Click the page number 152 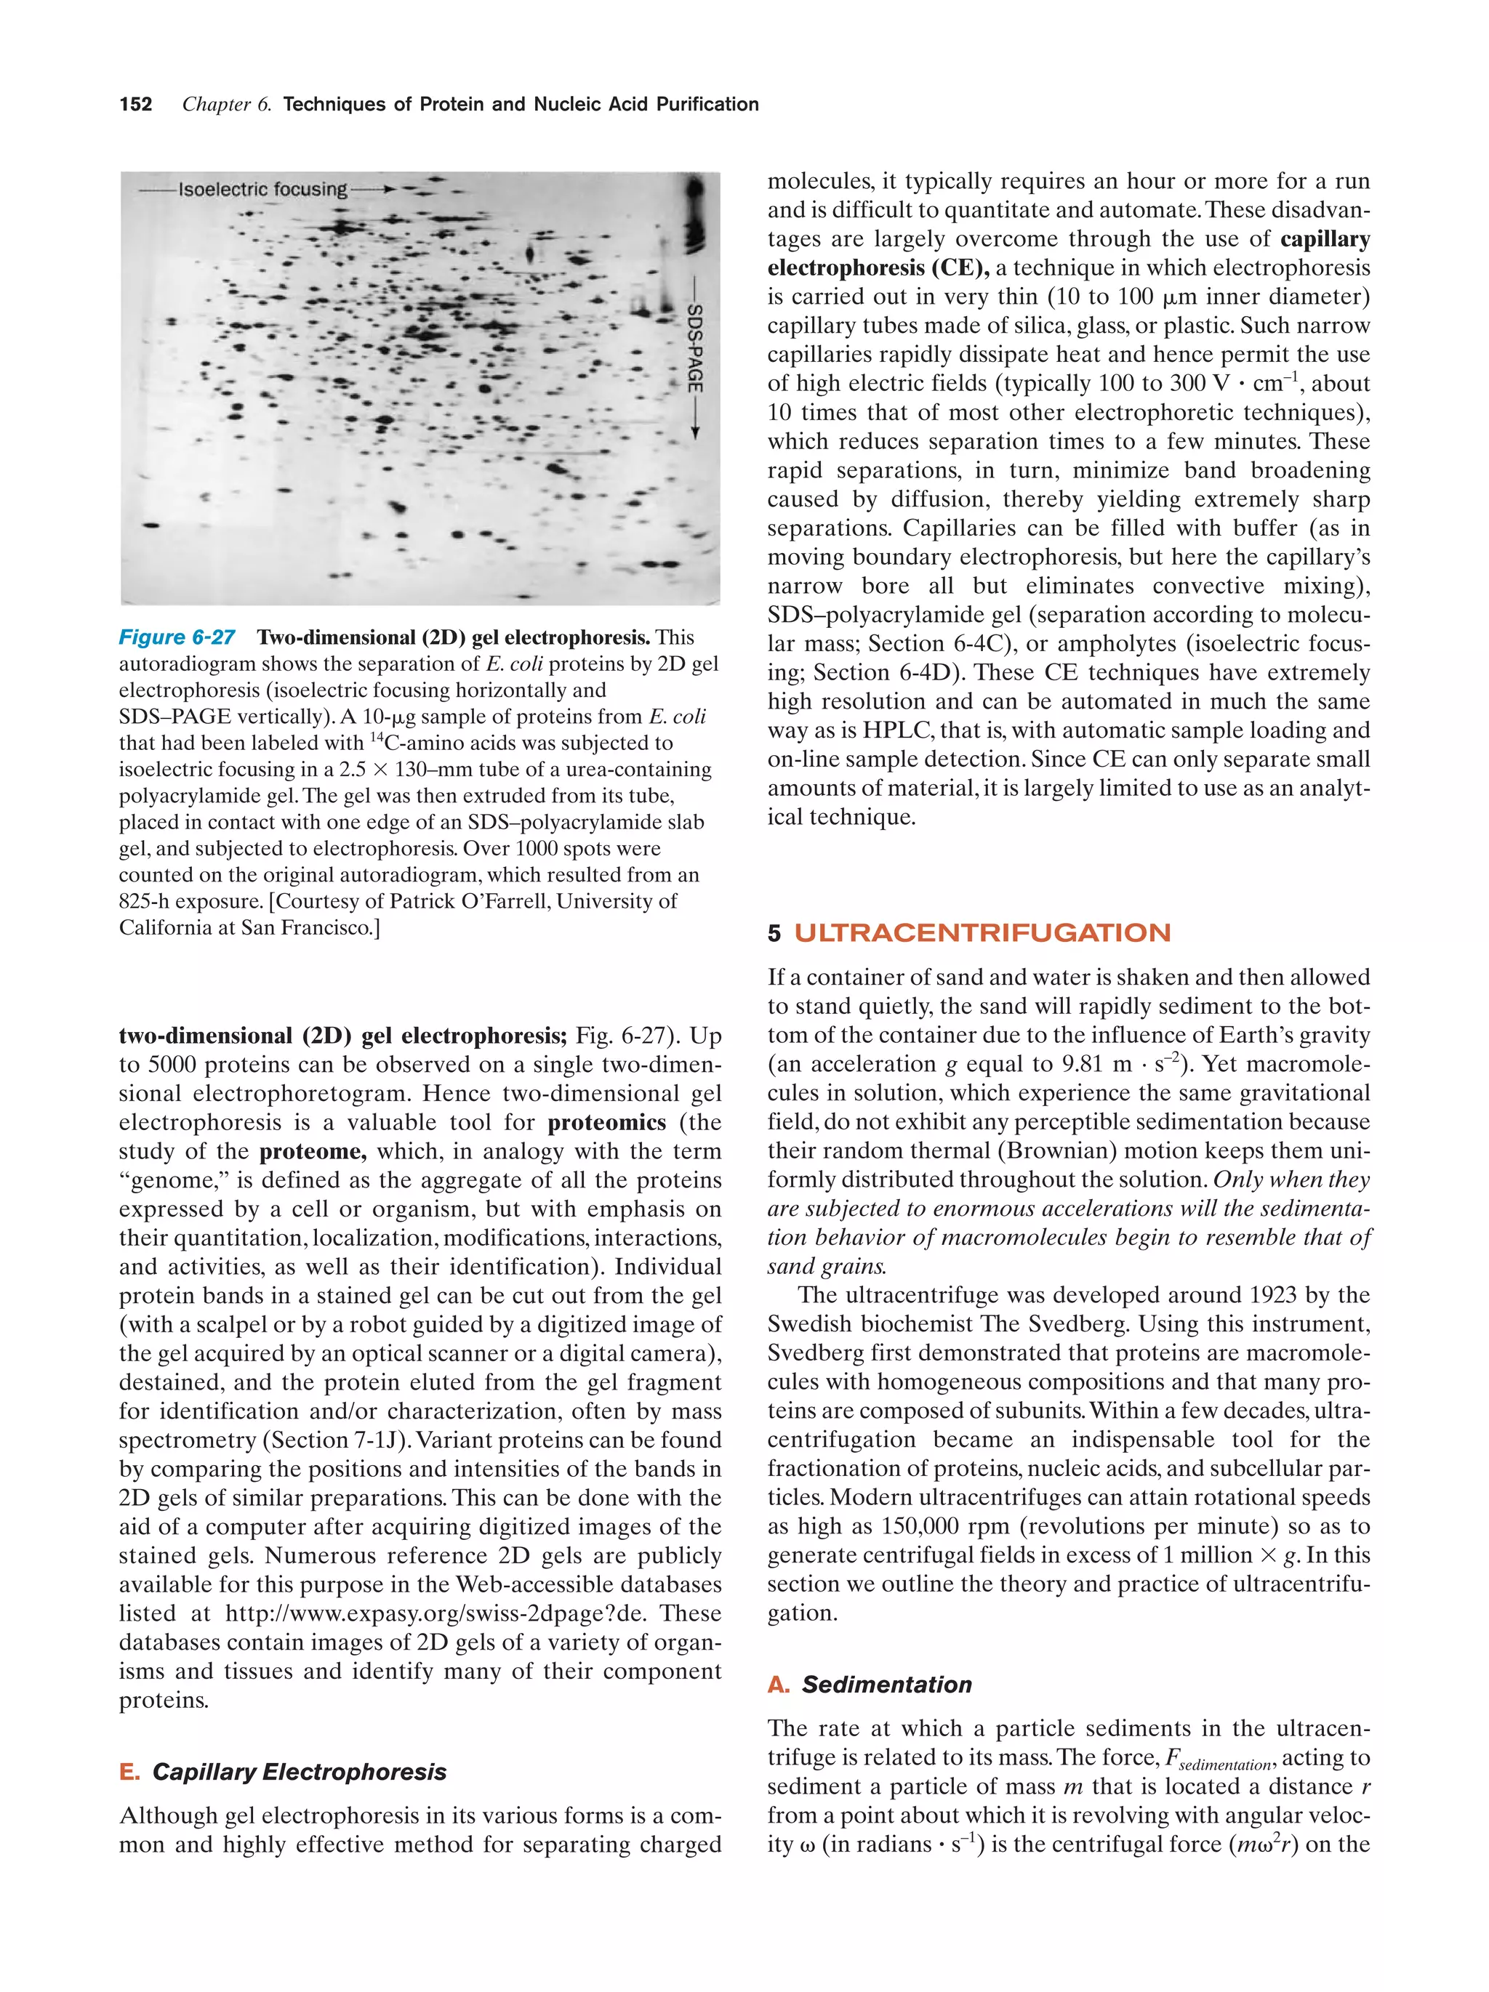coord(135,105)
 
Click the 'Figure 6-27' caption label coord(177,637)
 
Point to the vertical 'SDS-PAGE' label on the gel coord(694,347)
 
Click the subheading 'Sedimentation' coord(886,1685)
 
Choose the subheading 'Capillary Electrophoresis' coord(299,1771)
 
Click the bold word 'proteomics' coord(607,1123)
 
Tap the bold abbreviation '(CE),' coord(956,268)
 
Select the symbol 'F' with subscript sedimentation coord(1172,1758)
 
